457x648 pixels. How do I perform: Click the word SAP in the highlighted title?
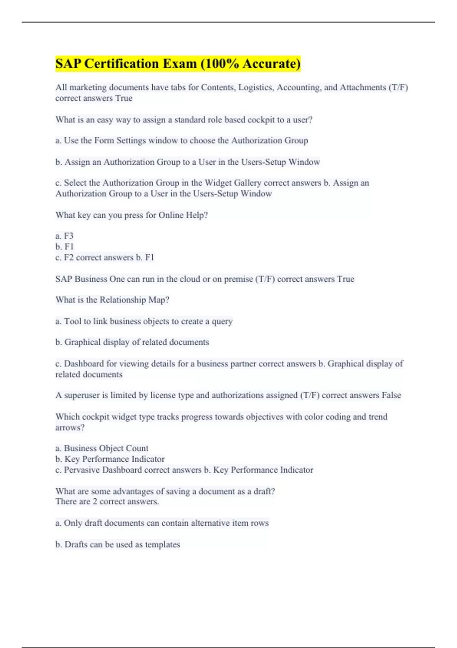[x=68, y=64]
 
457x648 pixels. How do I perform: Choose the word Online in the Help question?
[x=171, y=215]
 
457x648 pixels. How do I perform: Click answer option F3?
[x=69, y=236]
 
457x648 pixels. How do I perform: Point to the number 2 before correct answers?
[x=95, y=502]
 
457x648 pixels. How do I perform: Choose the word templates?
[x=162, y=545]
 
